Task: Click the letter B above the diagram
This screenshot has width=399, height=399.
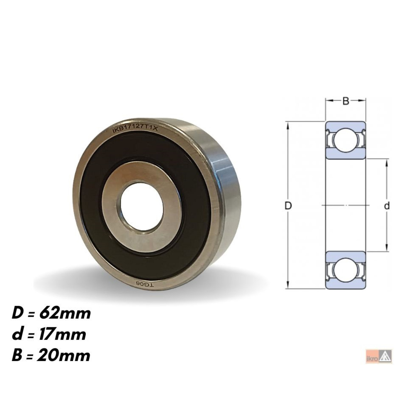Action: [x=346, y=101]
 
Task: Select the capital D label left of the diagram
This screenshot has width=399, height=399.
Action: [x=289, y=206]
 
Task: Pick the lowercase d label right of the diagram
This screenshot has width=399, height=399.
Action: [x=387, y=206]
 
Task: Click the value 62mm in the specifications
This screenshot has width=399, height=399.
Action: [x=65, y=314]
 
